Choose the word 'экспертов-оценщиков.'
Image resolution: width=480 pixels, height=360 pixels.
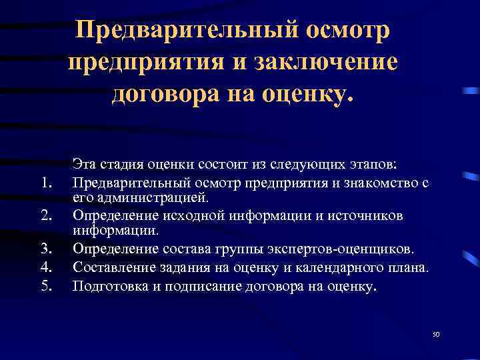coord(343,249)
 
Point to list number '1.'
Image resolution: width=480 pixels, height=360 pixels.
coord(46,182)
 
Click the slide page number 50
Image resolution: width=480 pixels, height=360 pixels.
coord(437,335)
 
